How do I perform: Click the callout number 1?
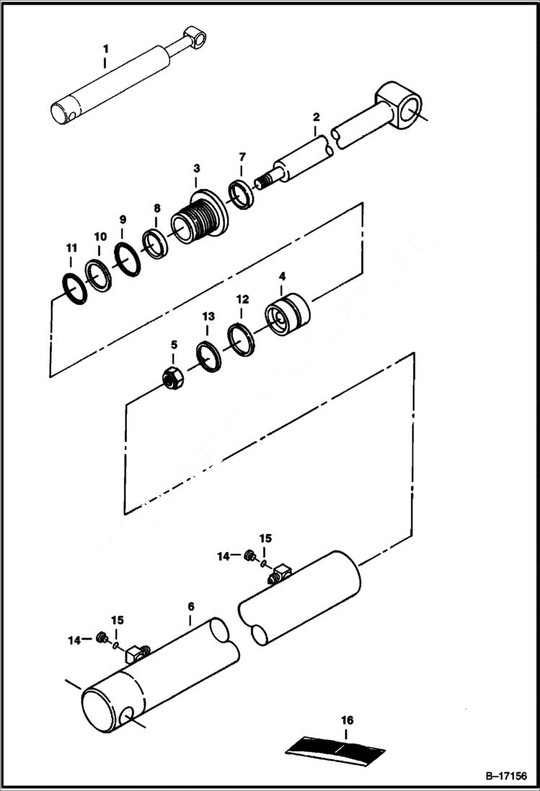coord(105,48)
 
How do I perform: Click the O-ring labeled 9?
coord(127,257)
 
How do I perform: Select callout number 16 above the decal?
coord(348,720)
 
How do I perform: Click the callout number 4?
coord(283,276)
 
